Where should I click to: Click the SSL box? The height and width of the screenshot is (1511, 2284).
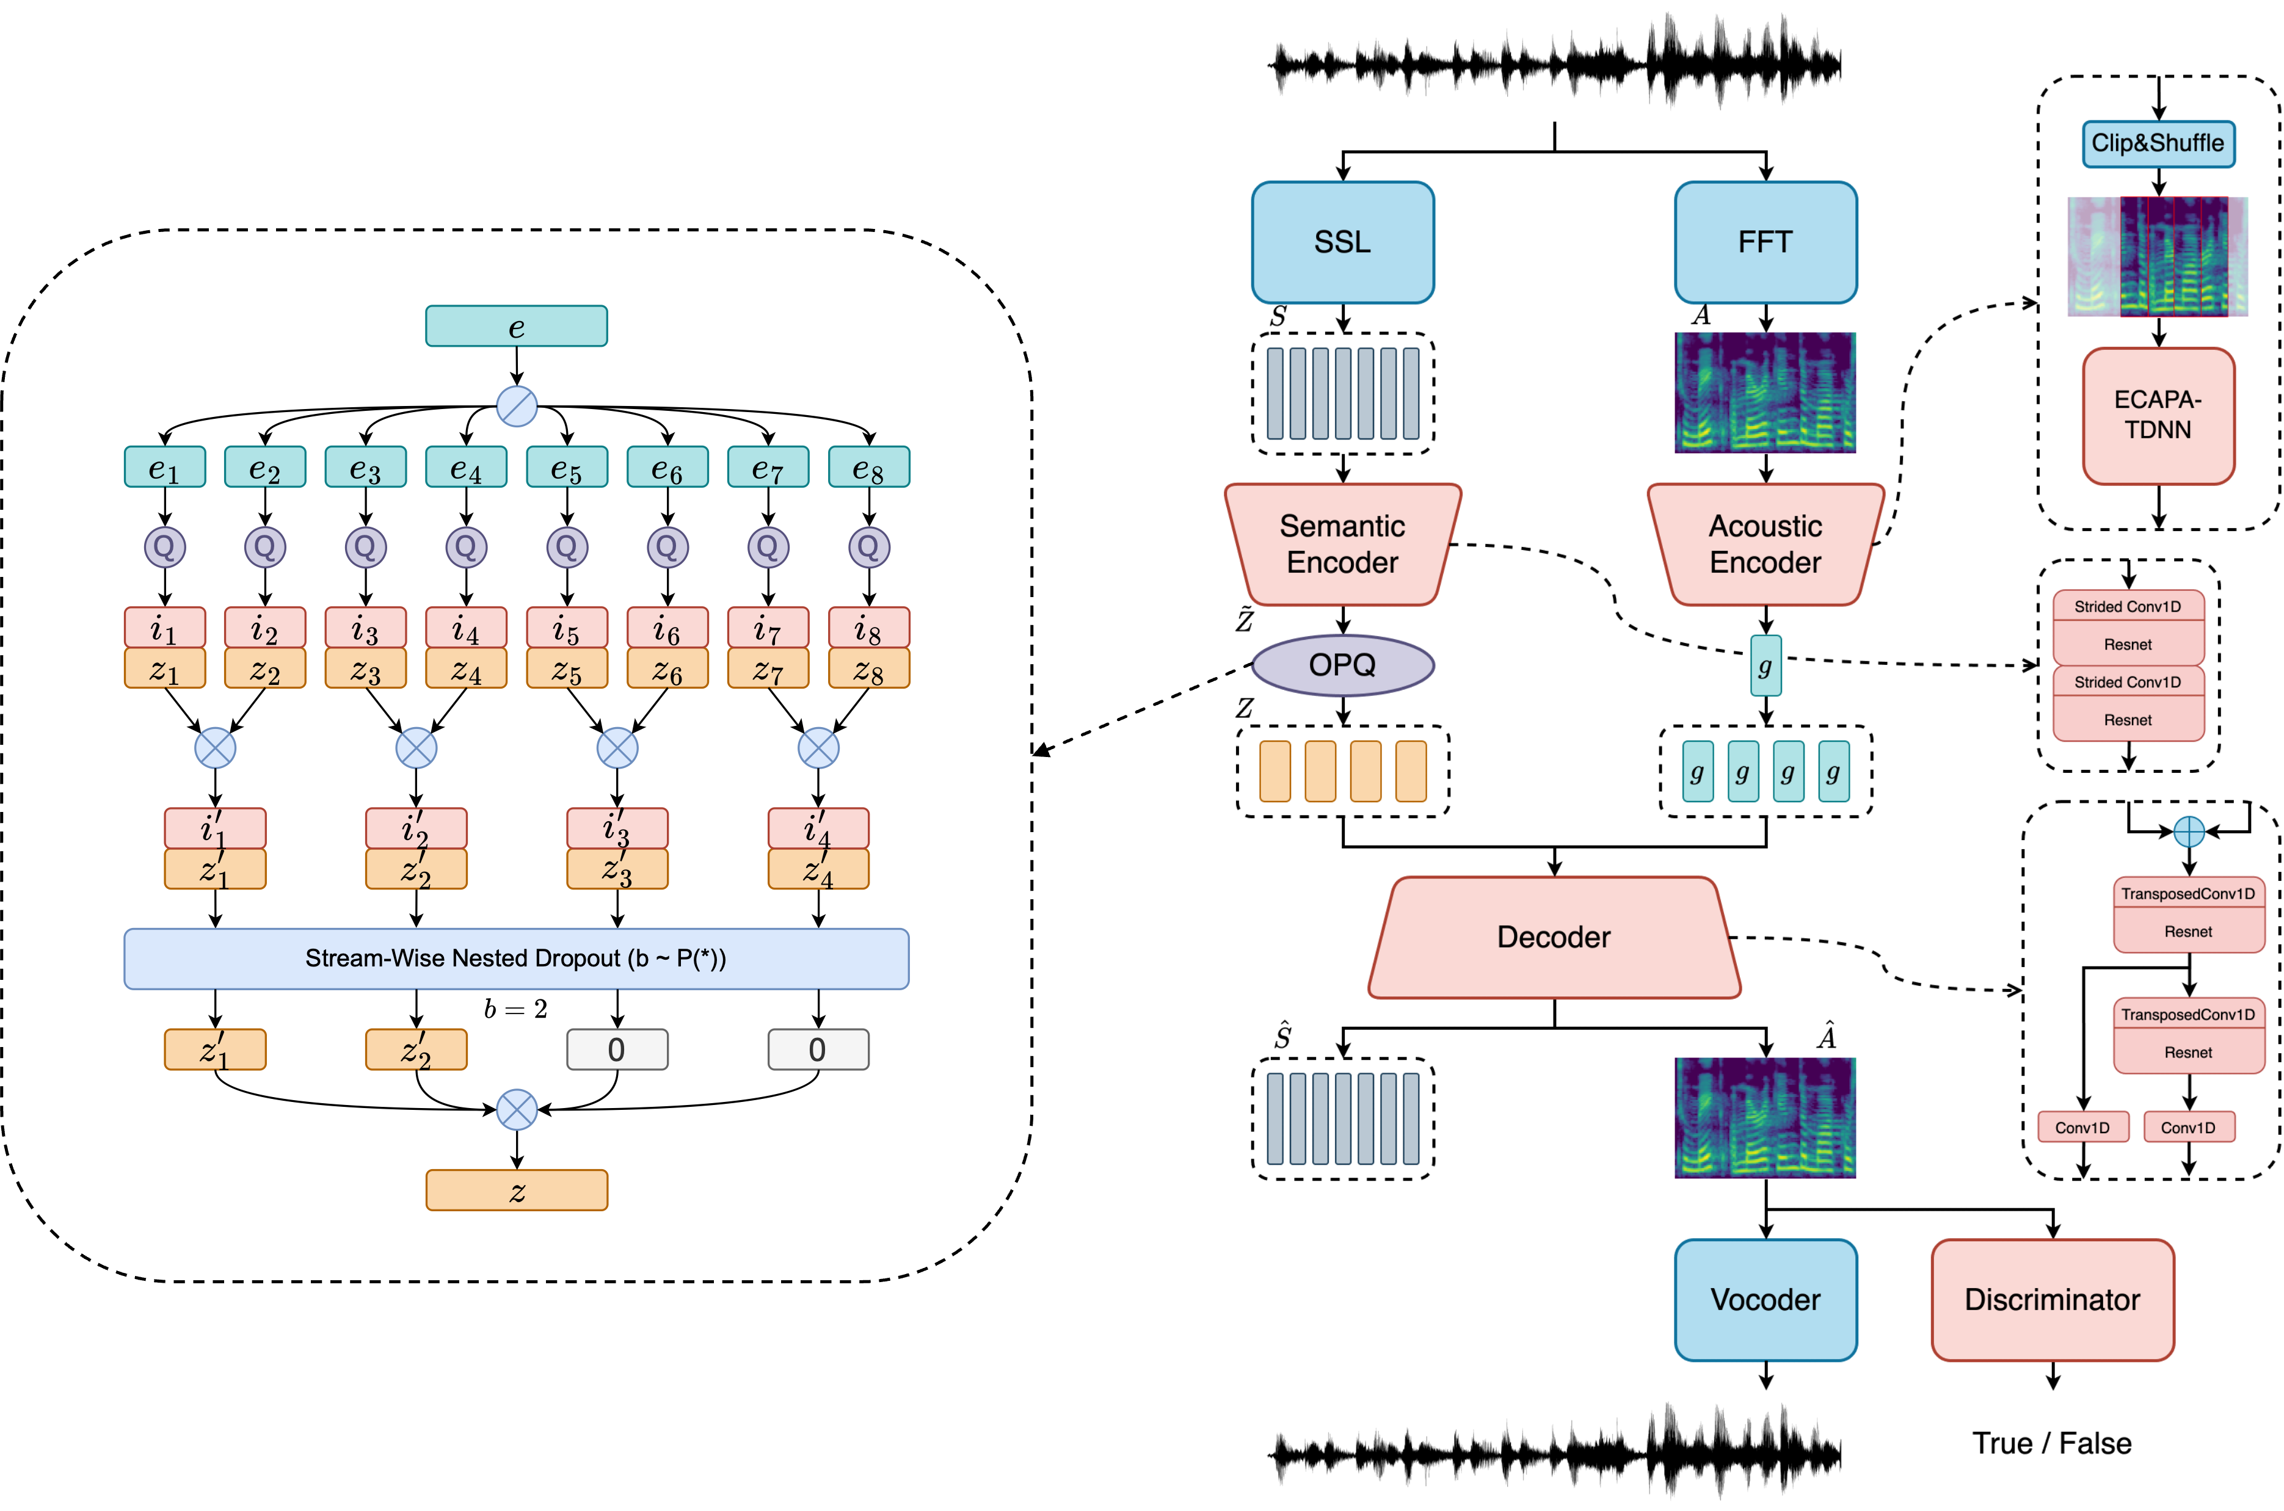[x=1342, y=242]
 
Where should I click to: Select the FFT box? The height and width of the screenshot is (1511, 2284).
[x=1766, y=242]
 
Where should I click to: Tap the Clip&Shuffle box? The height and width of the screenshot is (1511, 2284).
[x=2158, y=143]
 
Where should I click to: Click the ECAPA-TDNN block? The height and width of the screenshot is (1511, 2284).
[x=2158, y=415]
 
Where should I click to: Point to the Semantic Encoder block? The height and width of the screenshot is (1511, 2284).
[x=1342, y=545]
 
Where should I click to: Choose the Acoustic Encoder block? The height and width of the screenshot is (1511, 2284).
[x=1766, y=545]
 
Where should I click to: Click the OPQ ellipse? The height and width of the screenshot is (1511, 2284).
[x=1342, y=665]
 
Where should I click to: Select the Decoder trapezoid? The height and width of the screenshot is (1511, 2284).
[x=1554, y=937]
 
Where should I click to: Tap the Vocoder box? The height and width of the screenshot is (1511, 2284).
[x=1766, y=1300]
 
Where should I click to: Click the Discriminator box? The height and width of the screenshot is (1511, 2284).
[x=2052, y=1300]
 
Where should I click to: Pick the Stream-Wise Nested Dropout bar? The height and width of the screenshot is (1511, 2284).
[x=515, y=958]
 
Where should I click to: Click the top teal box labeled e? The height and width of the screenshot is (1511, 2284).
[x=515, y=327]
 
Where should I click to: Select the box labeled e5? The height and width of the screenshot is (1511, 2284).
[x=567, y=468]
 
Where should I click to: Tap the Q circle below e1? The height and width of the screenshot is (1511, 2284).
[x=165, y=548]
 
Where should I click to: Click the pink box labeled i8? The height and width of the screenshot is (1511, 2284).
[x=868, y=628]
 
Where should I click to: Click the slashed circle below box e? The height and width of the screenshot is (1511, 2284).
[x=517, y=407]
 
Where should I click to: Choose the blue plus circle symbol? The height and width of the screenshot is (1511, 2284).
[x=2189, y=832]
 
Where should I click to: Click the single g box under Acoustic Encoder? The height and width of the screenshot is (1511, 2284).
[x=1766, y=665]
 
